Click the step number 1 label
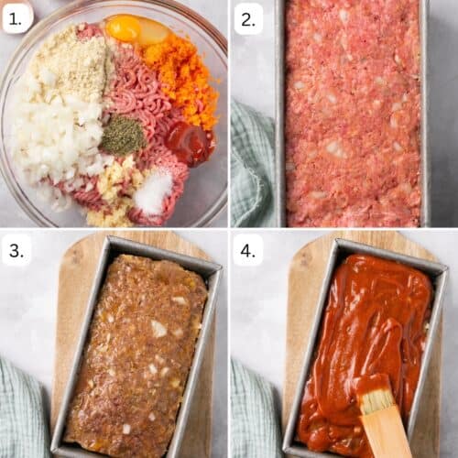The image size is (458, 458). (x=16, y=17)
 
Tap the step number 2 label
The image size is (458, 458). (x=247, y=17)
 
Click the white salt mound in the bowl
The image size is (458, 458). (x=153, y=191)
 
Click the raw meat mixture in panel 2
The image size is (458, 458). (x=353, y=110)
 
